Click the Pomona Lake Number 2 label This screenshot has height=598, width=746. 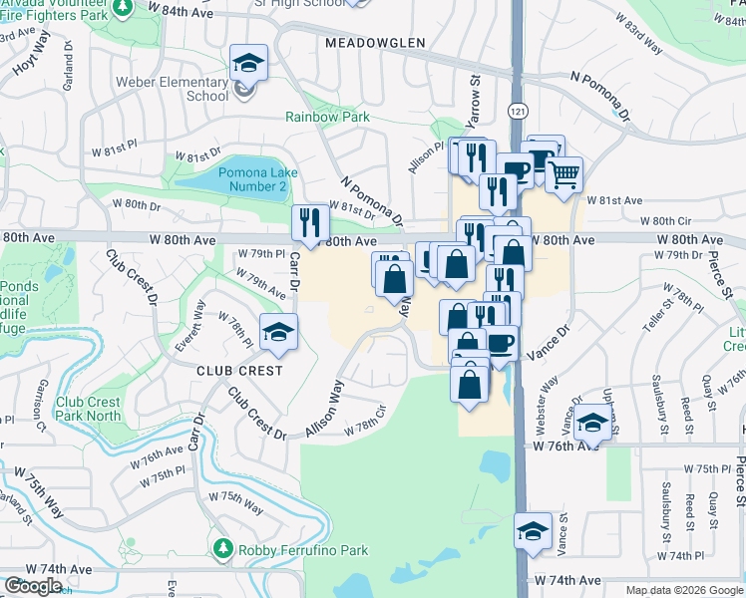coord(254,179)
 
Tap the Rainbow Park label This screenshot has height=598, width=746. coord(327,117)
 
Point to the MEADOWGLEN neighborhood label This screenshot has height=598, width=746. coord(375,43)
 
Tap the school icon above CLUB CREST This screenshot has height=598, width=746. coord(278,333)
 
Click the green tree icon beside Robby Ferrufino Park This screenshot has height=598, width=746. coord(223,549)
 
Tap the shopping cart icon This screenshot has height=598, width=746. coord(563,174)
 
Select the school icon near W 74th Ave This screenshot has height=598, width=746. coord(533,531)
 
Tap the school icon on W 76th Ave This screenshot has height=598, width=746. coord(592,423)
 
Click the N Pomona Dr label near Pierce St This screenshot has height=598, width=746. coord(601,92)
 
